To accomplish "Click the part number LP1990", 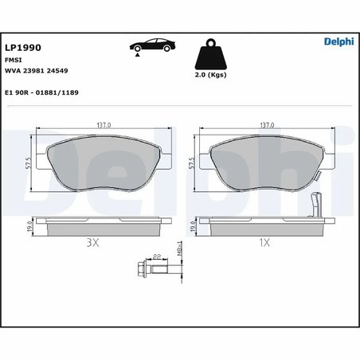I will click(23, 45).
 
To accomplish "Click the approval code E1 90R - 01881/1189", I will click(47, 92).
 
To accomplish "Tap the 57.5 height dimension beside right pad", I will click(192, 164).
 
